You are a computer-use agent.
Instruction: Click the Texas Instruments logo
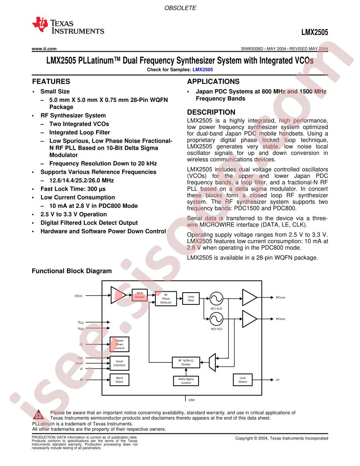(x=68, y=26)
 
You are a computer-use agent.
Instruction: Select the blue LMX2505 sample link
(x=202, y=70)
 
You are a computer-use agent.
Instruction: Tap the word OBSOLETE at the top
(x=180, y=8)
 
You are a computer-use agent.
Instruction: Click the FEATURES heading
(x=51, y=82)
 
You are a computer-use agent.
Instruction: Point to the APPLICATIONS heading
(x=213, y=82)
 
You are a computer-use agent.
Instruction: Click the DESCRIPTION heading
(x=211, y=112)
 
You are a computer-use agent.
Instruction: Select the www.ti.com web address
(x=44, y=49)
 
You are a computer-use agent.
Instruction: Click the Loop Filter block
(x=191, y=298)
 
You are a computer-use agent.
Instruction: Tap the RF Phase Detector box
(x=166, y=299)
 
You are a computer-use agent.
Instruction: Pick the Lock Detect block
(x=243, y=380)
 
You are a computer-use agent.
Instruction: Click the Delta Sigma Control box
(x=186, y=381)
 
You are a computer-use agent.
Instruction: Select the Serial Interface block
(x=120, y=363)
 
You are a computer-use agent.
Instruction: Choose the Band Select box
(x=120, y=380)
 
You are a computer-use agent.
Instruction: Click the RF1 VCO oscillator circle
(x=216, y=299)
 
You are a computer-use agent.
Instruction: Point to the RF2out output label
(x=281, y=319)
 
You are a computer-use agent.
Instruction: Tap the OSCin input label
(x=79, y=296)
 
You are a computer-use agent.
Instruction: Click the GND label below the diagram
(x=191, y=400)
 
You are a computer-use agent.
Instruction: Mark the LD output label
(x=277, y=380)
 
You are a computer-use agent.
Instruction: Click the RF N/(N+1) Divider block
(x=186, y=362)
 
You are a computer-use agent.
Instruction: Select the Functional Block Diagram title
(x=72, y=271)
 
